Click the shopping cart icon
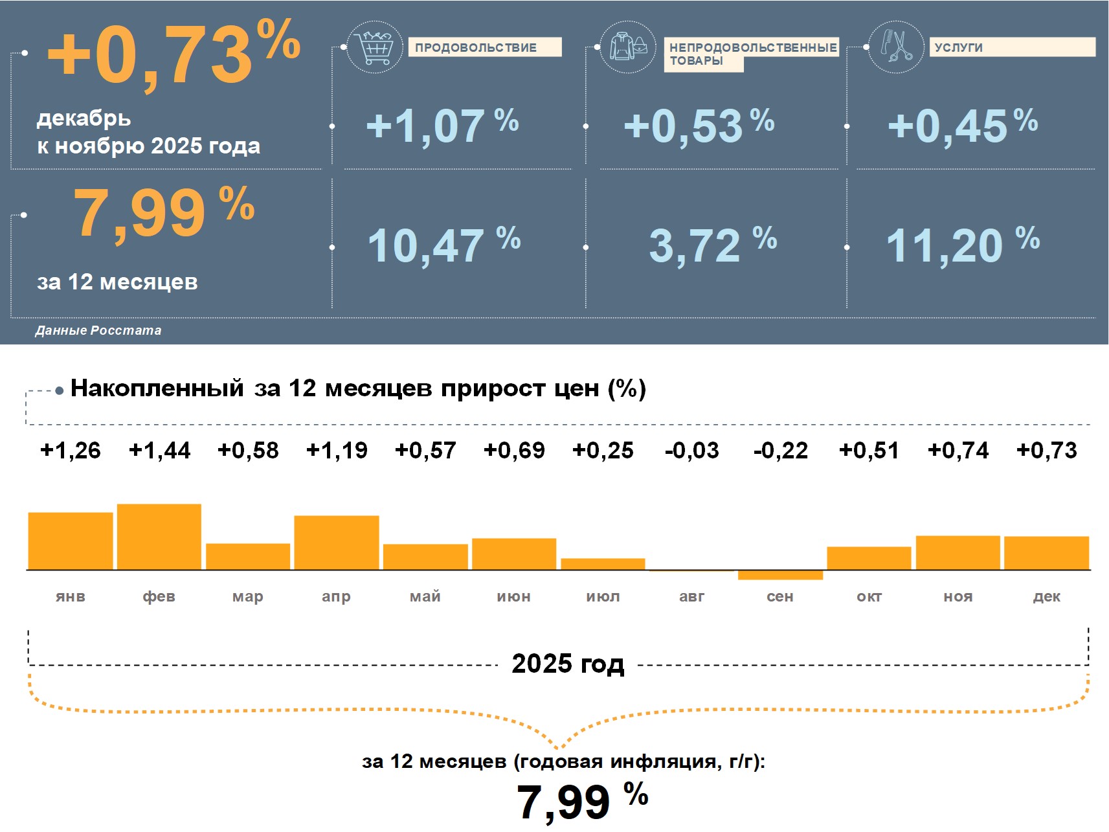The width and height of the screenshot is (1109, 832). coord(375,47)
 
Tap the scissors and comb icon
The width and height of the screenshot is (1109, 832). coord(895,47)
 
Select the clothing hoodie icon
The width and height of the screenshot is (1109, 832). coord(627,47)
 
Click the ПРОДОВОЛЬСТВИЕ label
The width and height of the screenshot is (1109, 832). coord(476,47)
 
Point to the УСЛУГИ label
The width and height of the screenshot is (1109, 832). coord(959,47)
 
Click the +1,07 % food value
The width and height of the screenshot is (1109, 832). coord(442,126)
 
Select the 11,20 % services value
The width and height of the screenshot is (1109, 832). coord(962,245)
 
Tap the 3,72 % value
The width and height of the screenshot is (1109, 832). coord(712,245)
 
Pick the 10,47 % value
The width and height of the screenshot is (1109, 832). coord(443,245)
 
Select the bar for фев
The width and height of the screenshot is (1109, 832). coord(159,537)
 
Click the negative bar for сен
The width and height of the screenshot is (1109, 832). coord(780,575)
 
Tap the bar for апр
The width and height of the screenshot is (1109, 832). coord(337,543)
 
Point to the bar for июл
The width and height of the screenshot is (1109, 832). coord(603,564)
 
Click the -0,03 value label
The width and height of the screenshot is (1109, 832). coord(691,450)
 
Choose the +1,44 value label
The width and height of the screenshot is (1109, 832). coord(159,450)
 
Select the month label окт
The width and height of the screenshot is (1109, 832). coord(869,596)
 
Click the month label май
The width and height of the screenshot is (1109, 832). coord(425,596)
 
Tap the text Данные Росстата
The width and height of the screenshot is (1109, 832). coord(98,330)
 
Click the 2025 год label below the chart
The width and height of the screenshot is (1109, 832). coord(568,664)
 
